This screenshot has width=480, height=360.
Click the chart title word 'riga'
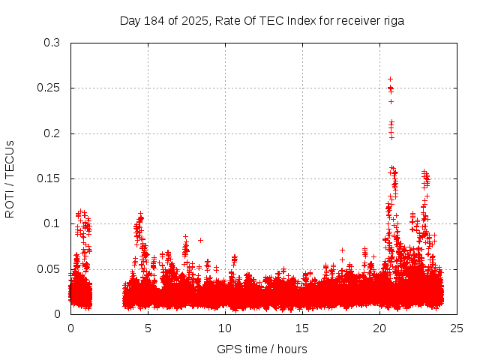[393, 21]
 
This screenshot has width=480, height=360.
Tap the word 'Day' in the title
[130, 21]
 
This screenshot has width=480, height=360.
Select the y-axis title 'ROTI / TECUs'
[10, 178]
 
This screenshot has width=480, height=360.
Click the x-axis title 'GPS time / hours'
[262, 349]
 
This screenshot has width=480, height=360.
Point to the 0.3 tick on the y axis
[51, 43]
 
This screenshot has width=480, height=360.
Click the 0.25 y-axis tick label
[48, 88]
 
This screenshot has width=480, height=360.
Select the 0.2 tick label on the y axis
[51, 133]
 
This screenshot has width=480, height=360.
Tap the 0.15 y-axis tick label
[48, 178]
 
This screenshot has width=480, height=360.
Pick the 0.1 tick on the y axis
[51, 223]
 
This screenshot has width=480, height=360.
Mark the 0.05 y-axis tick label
[48, 268]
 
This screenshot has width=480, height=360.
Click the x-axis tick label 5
[148, 328]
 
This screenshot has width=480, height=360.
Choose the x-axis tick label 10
[225, 328]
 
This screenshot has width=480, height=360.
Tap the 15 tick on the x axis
[302, 328]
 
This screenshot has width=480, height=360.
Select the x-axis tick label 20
[379, 328]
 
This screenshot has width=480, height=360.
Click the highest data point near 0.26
[390, 79]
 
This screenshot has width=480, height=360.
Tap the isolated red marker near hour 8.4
[200, 240]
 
